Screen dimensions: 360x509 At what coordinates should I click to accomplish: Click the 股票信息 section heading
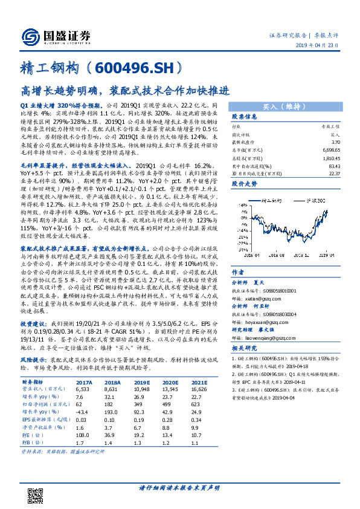pos(245,117)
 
